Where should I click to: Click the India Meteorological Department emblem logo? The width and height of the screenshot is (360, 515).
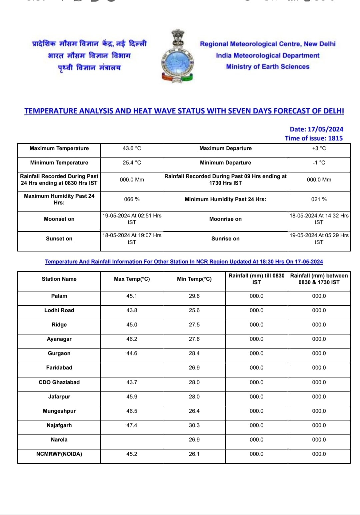[x=177, y=56]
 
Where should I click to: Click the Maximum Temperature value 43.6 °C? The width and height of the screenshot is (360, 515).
[x=132, y=148]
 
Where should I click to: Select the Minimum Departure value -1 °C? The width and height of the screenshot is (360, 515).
[x=319, y=163]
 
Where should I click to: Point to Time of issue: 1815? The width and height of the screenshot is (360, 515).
[x=313, y=138]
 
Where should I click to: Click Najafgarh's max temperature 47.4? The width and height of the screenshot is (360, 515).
[x=132, y=425]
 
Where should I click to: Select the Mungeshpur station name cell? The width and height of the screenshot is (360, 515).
[x=59, y=411]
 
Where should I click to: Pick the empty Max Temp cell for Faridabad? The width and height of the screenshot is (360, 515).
[x=132, y=368]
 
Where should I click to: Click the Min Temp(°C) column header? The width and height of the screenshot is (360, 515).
[x=194, y=279]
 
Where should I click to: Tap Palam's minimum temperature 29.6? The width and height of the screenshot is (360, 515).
[x=194, y=296]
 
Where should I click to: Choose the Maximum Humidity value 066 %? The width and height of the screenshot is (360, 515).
[x=132, y=199]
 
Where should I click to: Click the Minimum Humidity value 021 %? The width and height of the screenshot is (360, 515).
[x=319, y=199]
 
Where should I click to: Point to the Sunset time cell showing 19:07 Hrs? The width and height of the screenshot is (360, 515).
[x=132, y=239]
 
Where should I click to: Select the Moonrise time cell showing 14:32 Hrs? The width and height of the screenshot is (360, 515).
[x=319, y=219]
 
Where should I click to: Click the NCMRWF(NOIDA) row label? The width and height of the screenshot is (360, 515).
[x=59, y=454]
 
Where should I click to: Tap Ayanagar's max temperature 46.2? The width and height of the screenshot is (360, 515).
[x=132, y=339]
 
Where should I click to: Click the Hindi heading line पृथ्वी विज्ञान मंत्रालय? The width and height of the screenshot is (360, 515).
[x=89, y=68]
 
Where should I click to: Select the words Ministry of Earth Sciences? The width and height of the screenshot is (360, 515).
[x=268, y=67]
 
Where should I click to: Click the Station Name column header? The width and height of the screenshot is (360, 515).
[x=59, y=279]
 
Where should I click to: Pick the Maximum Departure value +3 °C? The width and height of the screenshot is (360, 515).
[x=319, y=148]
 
